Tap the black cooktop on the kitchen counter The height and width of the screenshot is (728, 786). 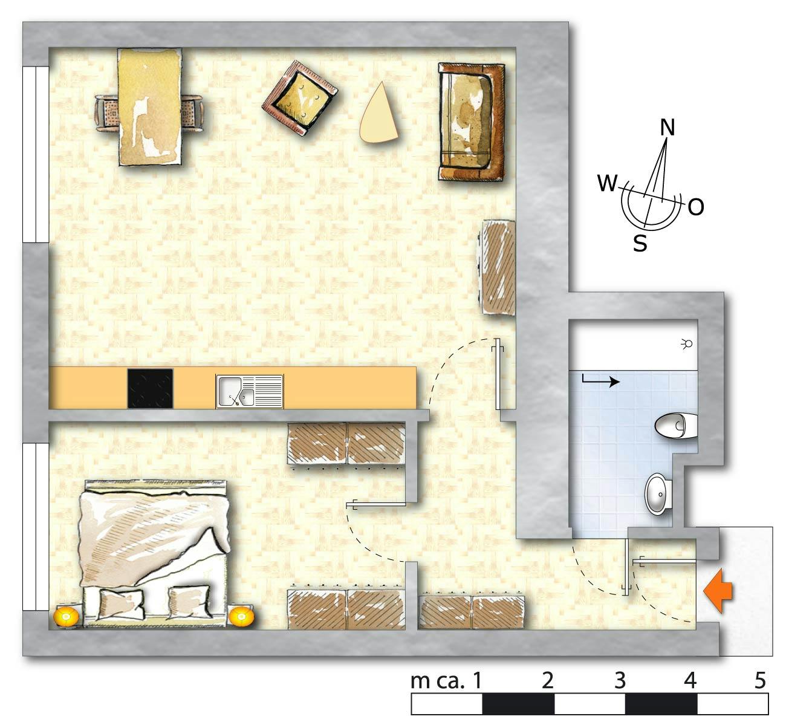(150, 388)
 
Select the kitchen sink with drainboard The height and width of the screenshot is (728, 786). (249, 392)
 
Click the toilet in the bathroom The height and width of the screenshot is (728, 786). (676, 426)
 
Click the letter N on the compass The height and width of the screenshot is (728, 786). (667, 128)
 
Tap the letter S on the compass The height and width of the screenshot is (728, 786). (640, 243)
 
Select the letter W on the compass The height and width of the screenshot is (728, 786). (607, 183)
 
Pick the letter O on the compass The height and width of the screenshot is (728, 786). (696, 207)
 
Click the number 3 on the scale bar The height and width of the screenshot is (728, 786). (620, 680)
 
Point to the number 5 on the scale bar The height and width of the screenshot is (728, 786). (760, 680)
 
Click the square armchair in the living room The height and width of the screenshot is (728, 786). (300, 98)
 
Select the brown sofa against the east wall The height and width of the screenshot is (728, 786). (472, 122)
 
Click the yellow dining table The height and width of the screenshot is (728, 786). (151, 106)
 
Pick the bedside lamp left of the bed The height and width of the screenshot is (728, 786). (67, 617)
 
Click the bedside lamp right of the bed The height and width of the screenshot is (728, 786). (241, 616)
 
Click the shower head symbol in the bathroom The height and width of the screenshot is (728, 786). (687, 343)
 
